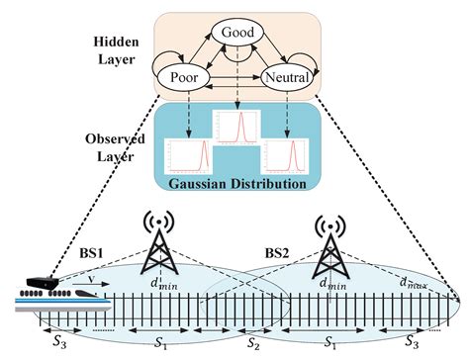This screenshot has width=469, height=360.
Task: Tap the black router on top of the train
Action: click(x=41, y=282)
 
